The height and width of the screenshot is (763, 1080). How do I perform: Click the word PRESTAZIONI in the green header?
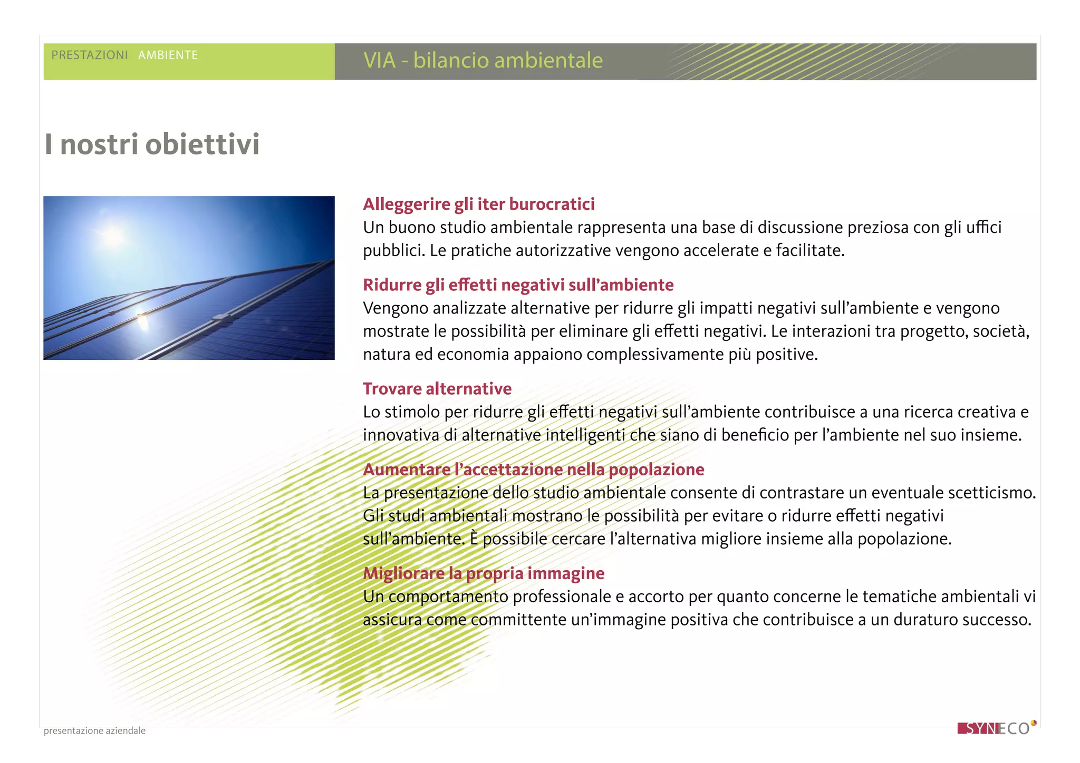click(x=90, y=55)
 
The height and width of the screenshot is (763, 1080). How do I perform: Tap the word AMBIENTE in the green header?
click(x=168, y=55)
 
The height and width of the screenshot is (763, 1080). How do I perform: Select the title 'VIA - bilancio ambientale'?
click(x=483, y=61)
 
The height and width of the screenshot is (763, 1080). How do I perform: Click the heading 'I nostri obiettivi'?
click(x=152, y=144)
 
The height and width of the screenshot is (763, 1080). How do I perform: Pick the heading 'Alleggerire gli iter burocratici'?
click(x=478, y=204)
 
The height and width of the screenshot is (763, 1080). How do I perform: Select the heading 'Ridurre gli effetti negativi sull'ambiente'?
click(x=518, y=285)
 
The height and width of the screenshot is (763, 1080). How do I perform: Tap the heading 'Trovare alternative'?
click(x=437, y=389)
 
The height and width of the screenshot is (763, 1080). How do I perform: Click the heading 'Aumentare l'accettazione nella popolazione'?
click(x=533, y=469)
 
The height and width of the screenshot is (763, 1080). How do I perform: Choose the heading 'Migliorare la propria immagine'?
click(x=483, y=573)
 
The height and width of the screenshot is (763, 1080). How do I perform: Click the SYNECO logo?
click(x=994, y=729)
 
